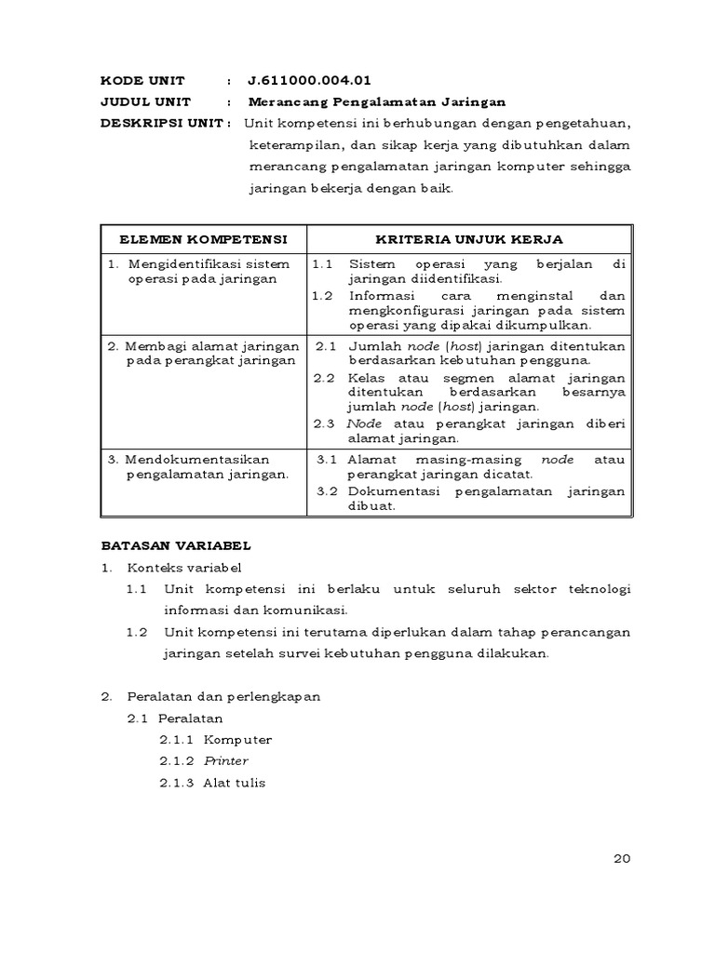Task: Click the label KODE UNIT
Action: (142, 81)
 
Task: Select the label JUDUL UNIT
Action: (145, 102)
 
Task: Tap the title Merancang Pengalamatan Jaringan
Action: (377, 102)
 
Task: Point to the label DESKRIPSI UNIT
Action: (162, 124)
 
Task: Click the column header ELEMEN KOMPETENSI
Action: (204, 239)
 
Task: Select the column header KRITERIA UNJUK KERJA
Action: (468, 239)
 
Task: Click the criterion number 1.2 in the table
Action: (322, 296)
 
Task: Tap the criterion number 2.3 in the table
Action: (323, 423)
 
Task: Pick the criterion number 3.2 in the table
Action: (326, 491)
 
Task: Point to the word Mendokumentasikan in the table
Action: (196, 460)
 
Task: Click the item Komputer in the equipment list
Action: (237, 740)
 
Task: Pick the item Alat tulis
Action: (234, 783)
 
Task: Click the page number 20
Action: (623, 859)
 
